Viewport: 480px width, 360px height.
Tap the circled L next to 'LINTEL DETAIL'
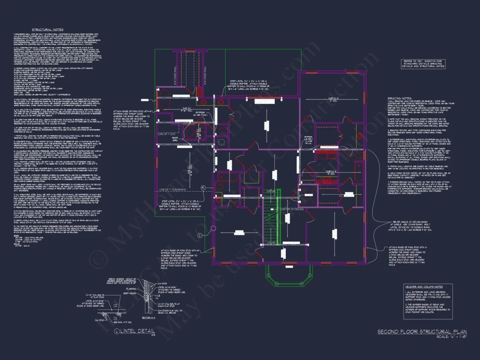(117, 331)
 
